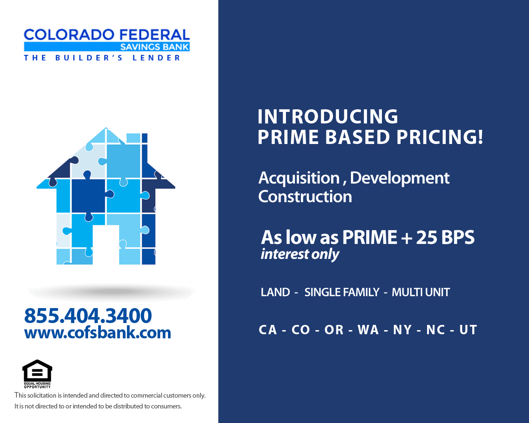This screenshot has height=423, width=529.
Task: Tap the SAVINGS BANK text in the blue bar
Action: click(x=155, y=47)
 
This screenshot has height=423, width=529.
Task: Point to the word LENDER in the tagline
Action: click(x=156, y=58)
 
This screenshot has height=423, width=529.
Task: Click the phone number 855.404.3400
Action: click(x=88, y=316)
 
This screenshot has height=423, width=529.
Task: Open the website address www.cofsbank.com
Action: click(x=97, y=333)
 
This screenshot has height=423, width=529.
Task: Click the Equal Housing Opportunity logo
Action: click(x=37, y=374)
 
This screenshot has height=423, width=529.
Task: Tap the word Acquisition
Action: click(x=299, y=178)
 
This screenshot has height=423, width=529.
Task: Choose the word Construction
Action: click(x=305, y=197)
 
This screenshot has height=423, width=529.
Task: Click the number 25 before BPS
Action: click(x=426, y=237)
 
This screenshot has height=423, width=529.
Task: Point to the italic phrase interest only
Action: click(x=300, y=254)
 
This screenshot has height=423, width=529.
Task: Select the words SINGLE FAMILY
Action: click(x=342, y=292)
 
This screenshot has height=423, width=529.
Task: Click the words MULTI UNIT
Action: click(x=421, y=292)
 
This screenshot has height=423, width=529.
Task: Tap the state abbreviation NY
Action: click(x=402, y=330)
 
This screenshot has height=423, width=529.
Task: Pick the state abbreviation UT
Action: click(x=468, y=330)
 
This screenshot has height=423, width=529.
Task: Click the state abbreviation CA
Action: click(x=268, y=330)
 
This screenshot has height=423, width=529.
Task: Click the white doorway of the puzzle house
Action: click(x=106, y=245)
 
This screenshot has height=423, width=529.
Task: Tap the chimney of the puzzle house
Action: click(x=137, y=147)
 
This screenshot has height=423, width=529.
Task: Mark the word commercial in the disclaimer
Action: click(x=147, y=395)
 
